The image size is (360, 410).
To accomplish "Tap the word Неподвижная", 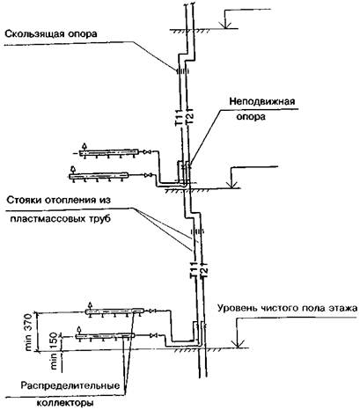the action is tap(262, 101).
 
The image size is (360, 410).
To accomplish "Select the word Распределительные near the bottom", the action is tap(70, 385).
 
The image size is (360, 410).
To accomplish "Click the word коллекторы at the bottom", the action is tap(64, 401).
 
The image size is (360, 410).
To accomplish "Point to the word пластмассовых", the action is tap(46, 219).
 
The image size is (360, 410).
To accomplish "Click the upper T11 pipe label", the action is tap(179, 117).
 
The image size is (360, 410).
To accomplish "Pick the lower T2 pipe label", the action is tap(203, 271).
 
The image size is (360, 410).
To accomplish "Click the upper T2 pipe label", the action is tap(189, 117).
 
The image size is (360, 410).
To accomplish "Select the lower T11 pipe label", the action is tap(193, 269).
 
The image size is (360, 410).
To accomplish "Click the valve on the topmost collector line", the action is tap(147, 152).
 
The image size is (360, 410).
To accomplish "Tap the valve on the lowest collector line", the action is tap(153, 335).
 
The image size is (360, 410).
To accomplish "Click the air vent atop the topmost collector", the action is tap(84, 146).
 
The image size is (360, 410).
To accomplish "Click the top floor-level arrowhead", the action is tap(225, 26).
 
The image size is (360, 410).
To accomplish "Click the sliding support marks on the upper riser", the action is tap(182, 71).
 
